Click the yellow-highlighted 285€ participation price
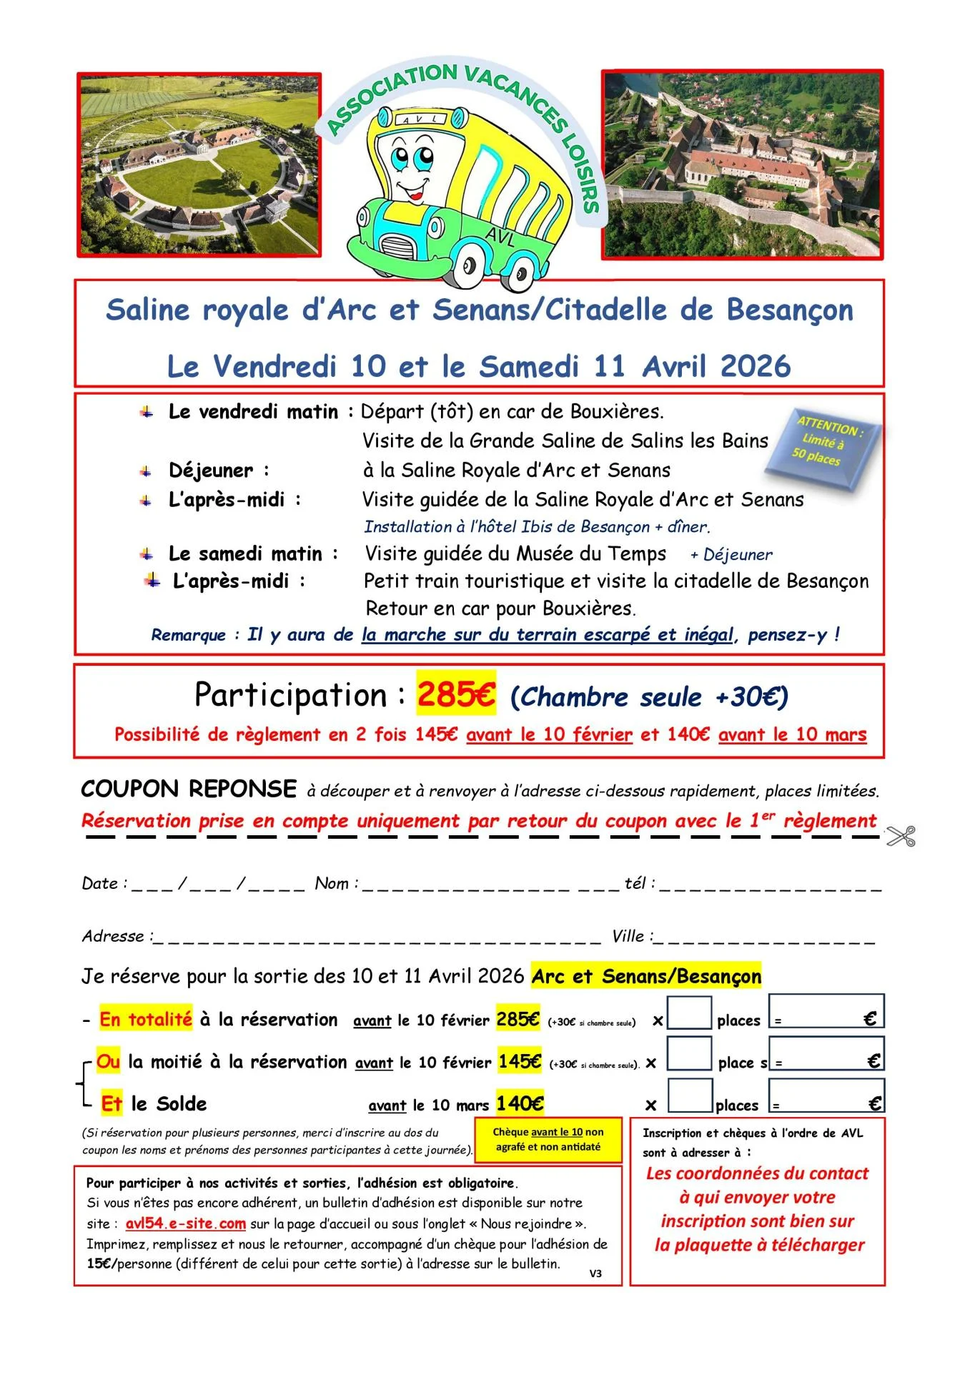click(456, 694)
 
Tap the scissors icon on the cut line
click(901, 836)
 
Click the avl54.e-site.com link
click(185, 1224)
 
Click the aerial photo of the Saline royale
click(199, 164)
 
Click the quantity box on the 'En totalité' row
click(688, 1013)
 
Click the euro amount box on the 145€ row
click(826, 1054)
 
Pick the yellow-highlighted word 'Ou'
click(108, 1061)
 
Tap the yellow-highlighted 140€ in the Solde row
click(520, 1104)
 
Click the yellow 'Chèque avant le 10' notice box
click(548, 1139)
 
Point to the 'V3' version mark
click(595, 1274)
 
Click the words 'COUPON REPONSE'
click(189, 789)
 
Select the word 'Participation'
click(291, 695)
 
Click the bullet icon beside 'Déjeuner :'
click(146, 471)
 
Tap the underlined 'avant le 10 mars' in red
click(792, 734)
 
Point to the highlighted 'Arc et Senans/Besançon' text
click(646, 976)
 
